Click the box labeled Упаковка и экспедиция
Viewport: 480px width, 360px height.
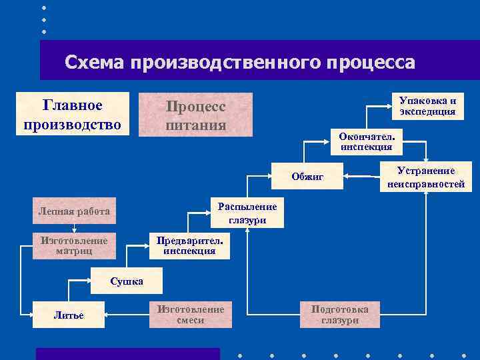click(x=427, y=106)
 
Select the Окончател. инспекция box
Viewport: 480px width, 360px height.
click(x=366, y=141)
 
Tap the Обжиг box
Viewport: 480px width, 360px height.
click(x=307, y=177)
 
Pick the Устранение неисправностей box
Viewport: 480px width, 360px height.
click(x=422, y=177)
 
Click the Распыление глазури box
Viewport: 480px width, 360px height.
click(x=247, y=213)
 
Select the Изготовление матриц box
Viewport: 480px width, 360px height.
click(x=74, y=245)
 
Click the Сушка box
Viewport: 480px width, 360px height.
click(x=126, y=281)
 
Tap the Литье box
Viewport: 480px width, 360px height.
click(x=69, y=315)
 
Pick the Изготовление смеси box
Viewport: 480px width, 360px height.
click(x=190, y=315)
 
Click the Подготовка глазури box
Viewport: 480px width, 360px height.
click(x=340, y=314)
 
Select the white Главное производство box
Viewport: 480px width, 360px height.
click(x=72, y=114)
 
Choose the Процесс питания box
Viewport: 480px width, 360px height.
click(x=195, y=115)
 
